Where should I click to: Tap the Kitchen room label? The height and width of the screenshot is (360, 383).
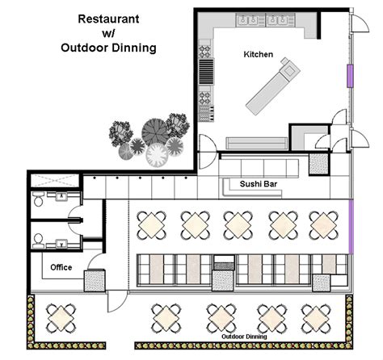[x=259, y=54]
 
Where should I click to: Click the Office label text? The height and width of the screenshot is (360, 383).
[x=61, y=267]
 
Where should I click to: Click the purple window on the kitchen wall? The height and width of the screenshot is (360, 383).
[x=350, y=75]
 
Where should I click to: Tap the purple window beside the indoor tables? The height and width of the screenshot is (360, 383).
[x=351, y=227]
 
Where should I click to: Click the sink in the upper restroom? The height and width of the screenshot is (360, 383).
[x=61, y=196]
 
